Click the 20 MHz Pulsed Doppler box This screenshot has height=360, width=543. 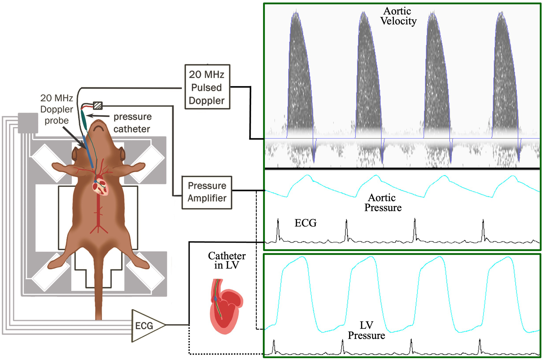point(207,87)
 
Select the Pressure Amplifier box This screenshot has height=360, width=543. point(207,192)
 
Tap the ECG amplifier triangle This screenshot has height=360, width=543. point(146,325)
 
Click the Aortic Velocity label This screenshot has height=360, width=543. point(398,16)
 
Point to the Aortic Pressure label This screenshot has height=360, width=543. point(382,203)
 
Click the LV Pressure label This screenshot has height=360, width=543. point(366,330)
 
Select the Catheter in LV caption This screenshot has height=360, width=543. point(227,260)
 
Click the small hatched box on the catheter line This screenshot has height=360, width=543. point(98,106)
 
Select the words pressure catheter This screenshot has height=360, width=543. point(132,123)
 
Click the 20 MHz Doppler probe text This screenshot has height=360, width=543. point(57,109)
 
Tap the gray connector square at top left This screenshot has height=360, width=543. point(28,123)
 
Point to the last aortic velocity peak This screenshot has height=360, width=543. point(500,14)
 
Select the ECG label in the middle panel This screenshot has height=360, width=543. point(305,223)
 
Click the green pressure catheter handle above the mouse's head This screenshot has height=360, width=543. point(84,120)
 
